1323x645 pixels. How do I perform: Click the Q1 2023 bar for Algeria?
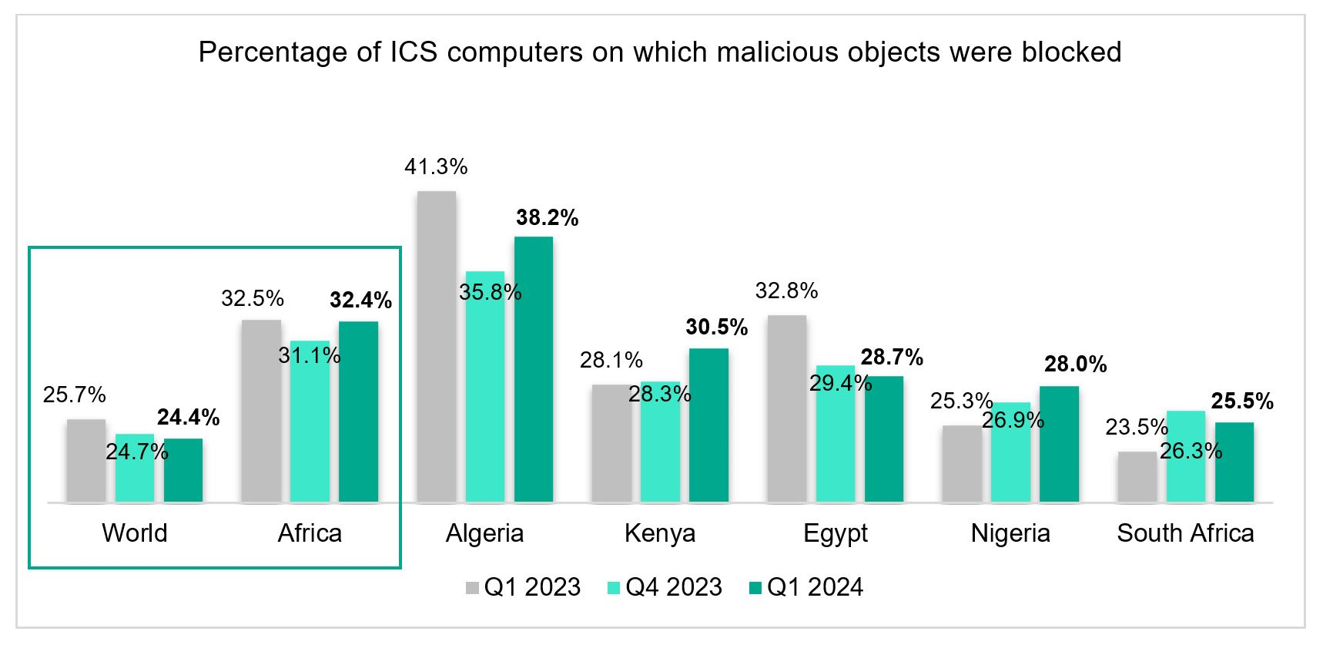click(436, 347)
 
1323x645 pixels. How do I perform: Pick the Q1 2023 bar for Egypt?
click(787, 408)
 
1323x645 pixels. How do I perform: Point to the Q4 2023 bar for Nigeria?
click(1010, 462)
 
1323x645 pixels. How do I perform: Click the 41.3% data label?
click(436, 166)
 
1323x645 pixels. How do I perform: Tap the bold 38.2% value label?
click(547, 218)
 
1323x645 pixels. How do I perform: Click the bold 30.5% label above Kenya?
click(716, 328)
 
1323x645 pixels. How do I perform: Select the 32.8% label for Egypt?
click(786, 291)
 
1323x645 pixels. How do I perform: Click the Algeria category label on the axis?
click(484, 533)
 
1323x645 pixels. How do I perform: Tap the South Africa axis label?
click(1185, 533)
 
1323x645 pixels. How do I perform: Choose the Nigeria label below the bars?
click(1010, 533)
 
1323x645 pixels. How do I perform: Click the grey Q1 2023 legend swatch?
click(472, 588)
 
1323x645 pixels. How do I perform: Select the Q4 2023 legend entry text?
click(673, 587)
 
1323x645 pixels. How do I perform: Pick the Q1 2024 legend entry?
click(815, 587)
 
